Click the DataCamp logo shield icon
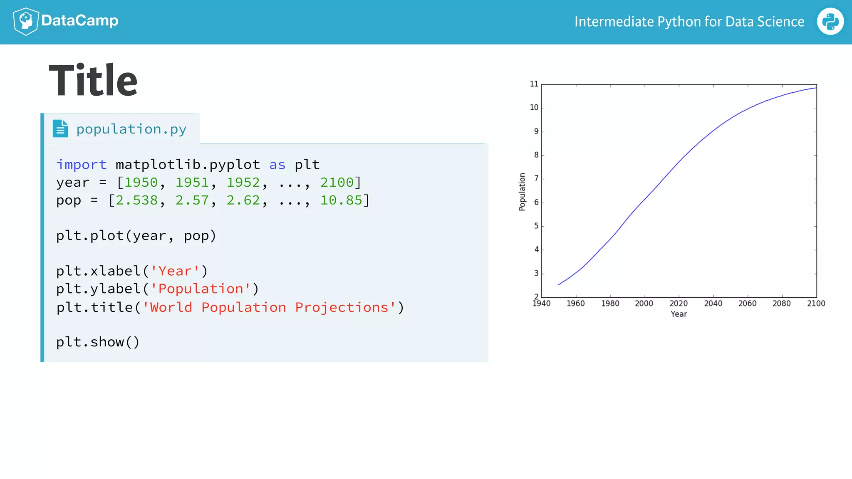pyautogui.click(x=26, y=21)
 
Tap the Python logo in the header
pyautogui.click(x=830, y=22)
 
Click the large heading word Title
pyautogui.click(x=93, y=81)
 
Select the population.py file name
pyautogui.click(x=131, y=129)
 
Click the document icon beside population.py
pyautogui.click(x=60, y=128)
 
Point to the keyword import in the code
pyautogui.click(x=82, y=165)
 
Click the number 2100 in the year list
pyautogui.click(x=337, y=183)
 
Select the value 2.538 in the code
pyautogui.click(x=136, y=200)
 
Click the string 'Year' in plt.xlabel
pyautogui.click(x=175, y=271)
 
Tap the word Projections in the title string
pyautogui.click(x=342, y=307)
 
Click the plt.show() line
pyautogui.click(x=98, y=342)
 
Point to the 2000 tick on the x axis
pyautogui.click(x=644, y=304)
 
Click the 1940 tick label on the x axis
pyautogui.click(x=542, y=304)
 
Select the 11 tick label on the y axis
pyautogui.click(x=534, y=84)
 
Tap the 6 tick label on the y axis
pyautogui.click(x=536, y=202)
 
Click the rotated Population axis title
pyautogui.click(x=522, y=192)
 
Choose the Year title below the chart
pyautogui.click(x=679, y=314)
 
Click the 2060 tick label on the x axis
pyautogui.click(x=747, y=304)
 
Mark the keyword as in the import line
pyautogui.click(x=277, y=165)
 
